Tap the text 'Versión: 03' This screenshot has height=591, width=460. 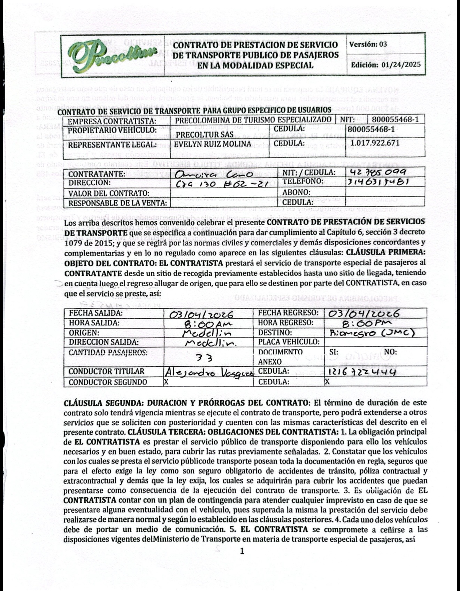pyautogui.click(x=368, y=44)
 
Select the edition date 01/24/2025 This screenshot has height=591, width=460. pyautogui.click(x=401, y=64)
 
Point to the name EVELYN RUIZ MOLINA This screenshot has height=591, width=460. pyautogui.click(x=213, y=144)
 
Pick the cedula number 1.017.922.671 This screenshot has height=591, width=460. pyautogui.click(x=375, y=143)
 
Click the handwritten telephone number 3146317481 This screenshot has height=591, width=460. pyautogui.click(x=378, y=182)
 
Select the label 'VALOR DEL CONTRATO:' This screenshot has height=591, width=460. pyautogui.click(x=109, y=193)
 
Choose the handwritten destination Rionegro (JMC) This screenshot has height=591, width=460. pyautogui.click(x=372, y=333)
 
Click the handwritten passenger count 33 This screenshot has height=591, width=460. pyautogui.click(x=208, y=357)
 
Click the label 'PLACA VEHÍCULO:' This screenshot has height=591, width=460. pyautogui.click(x=289, y=342)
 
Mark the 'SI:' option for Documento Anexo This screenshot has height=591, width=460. pyautogui.click(x=333, y=352)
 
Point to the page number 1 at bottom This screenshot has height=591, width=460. pyautogui.click(x=243, y=551)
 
